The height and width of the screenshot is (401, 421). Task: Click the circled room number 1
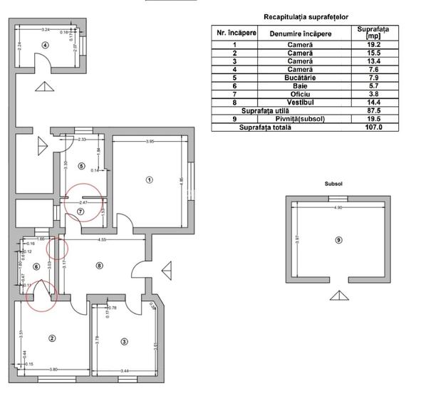click(148, 179)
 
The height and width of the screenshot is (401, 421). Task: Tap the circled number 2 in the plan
click(51, 338)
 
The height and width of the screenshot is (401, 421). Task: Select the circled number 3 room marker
click(124, 342)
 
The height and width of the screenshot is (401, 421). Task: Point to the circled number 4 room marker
click(45, 45)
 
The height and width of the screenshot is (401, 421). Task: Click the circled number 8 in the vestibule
click(100, 266)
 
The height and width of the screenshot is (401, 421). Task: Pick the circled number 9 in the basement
click(338, 240)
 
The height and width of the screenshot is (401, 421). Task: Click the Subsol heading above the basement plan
click(333, 183)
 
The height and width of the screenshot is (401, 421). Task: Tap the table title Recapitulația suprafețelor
click(304, 16)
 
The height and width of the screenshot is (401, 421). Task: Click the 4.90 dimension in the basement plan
click(339, 207)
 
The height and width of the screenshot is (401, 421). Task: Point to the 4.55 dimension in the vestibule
click(103, 240)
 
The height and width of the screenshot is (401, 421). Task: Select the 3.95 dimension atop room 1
click(150, 142)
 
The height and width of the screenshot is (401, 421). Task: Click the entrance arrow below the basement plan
click(338, 296)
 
